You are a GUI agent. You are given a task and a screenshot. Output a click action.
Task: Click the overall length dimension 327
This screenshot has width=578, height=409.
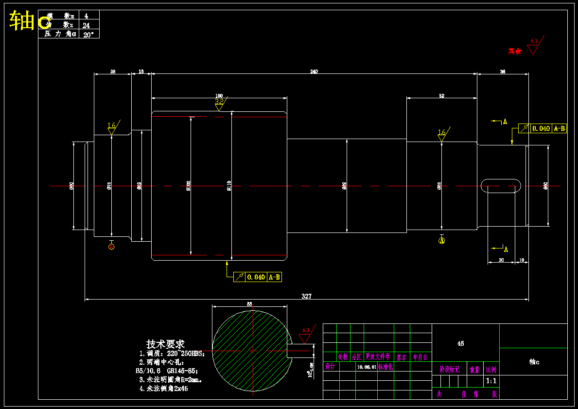(x=306, y=296)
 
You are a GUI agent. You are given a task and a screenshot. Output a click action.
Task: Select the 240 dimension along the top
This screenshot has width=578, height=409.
(x=314, y=72)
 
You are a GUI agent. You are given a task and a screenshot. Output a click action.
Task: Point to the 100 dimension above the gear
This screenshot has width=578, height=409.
(x=219, y=95)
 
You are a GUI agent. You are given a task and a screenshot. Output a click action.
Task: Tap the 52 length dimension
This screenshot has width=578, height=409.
(x=441, y=96)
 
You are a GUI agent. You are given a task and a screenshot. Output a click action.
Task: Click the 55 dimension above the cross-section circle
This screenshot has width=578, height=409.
(x=249, y=303)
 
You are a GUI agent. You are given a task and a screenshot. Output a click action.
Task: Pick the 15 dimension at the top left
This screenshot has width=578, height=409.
(x=141, y=71)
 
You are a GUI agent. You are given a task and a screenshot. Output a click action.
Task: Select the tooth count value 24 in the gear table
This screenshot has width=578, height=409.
(x=86, y=25)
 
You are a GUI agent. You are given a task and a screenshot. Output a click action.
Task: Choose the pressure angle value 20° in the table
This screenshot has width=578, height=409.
(x=88, y=34)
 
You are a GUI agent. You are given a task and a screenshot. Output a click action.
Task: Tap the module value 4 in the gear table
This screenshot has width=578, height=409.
(x=86, y=16)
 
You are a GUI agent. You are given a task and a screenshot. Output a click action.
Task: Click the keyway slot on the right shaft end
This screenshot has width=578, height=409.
(x=501, y=186)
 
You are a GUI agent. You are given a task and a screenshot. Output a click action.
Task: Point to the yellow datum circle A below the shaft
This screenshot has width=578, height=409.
(x=442, y=240)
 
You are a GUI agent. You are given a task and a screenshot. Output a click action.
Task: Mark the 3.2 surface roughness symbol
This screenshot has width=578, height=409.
(x=220, y=103)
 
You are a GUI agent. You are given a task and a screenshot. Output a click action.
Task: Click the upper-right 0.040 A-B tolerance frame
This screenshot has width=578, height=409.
(x=543, y=128)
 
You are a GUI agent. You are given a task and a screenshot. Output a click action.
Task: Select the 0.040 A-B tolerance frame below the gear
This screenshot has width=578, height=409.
(x=258, y=277)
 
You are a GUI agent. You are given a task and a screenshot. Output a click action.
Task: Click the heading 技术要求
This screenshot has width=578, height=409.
(x=165, y=344)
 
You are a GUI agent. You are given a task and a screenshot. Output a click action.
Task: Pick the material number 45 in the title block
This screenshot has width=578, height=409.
(x=460, y=343)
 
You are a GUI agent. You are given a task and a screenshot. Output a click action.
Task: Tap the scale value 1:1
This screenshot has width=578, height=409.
(x=491, y=381)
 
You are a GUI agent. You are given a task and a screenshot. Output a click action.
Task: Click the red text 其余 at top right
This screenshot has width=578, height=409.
(x=515, y=51)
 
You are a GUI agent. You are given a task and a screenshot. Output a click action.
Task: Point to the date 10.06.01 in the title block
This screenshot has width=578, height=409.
(x=367, y=367)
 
